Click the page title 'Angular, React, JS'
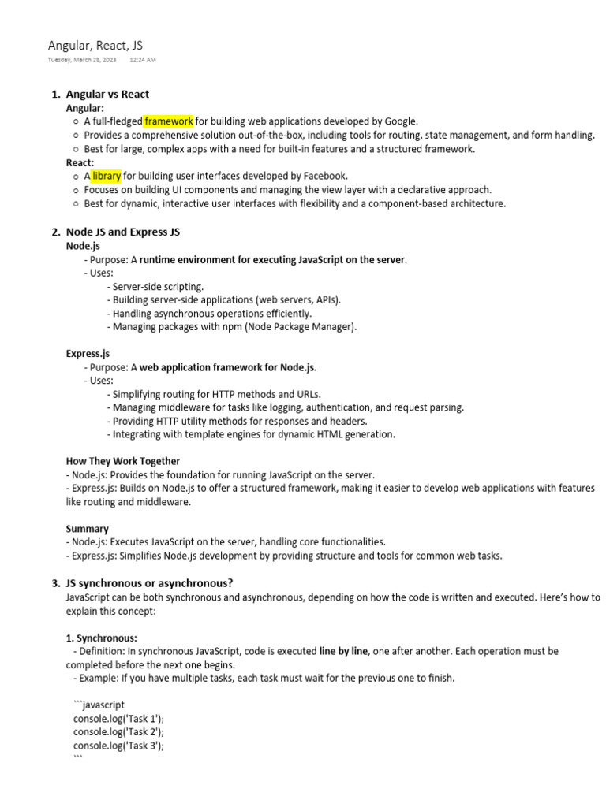(95, 46)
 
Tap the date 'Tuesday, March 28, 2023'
(81, 60)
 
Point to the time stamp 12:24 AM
(142, 60)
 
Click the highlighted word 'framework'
(169, 121)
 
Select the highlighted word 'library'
(107, 176)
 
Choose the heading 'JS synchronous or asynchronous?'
(149, 583)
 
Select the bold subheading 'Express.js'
(88, 354)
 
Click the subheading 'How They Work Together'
(122, 461)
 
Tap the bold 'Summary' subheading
(87, 529)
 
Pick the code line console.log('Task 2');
(119, 732)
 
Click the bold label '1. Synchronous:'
(101, 638)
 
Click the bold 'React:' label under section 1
(80, 162)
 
